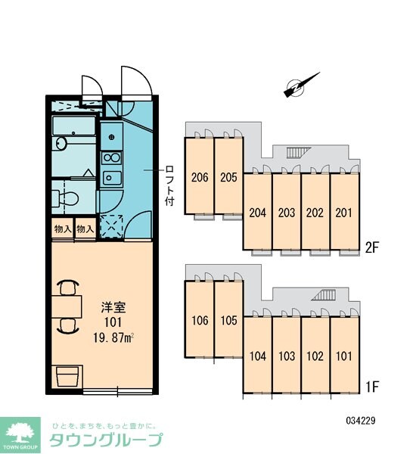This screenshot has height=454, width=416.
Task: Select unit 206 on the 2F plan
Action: pyautogui.click(x=200, y=176)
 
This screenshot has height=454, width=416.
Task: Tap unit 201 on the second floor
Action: pyautogui.click(x=344, y=211)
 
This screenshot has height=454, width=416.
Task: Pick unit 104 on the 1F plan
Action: pyautogui.click(x=258, y=355)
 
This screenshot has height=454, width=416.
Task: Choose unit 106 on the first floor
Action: pyautogui.click(x=200, y=319)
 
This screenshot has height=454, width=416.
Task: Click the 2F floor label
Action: pyautogui.click(x=371, y=247)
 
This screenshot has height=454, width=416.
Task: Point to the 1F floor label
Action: pyautogui.click(x=371, y=387)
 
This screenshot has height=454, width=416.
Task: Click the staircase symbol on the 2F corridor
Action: pyautogui.click(x=298, y=152)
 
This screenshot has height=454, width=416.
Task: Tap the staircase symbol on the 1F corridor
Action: pyautogui.click(x=324, y=295)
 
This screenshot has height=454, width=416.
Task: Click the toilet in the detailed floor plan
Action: pyautogui.click(x=66, y=198)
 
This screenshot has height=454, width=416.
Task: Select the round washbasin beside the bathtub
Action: pyautogui.click(x=61, y=144)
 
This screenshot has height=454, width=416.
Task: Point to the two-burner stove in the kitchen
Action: pyautogui.click(x=112, y=158)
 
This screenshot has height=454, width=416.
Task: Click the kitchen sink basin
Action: pyautogui.click(x=112, y=178)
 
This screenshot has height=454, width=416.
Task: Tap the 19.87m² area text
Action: pyautogui.click(x=113, y=338)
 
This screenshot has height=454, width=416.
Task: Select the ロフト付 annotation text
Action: pyautogui.click(x=169, y=185)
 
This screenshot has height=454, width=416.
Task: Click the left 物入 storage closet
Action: pyautogui.click(x=63, y=229)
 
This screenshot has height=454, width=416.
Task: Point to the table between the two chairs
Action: pyautogui.click(x=67, y=307)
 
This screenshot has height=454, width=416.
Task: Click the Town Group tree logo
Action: pyautogui.click(x=20, y=435)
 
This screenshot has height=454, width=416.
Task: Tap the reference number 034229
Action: pyautogui.click(x=361, y=420)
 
